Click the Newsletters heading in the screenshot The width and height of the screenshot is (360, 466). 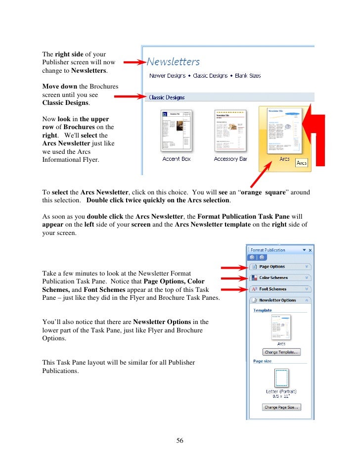click(x=174, y=62)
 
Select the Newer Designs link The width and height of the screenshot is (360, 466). click(x=167, y=76)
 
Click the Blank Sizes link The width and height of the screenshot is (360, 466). click(x=247, y=76)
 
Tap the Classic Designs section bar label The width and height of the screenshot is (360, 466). click(x=167, y=97)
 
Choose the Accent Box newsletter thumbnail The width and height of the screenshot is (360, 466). click(x=177, y=131)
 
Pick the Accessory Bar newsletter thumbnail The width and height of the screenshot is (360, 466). click(x=230, y=131)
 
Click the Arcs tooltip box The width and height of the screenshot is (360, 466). click(x=301, y=163)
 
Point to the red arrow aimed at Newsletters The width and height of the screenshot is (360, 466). click(x=134, y=62)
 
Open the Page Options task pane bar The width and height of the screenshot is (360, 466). click(x=280, y=267)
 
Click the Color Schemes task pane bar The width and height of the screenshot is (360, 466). click(x=280, y=278)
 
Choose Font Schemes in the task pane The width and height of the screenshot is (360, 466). click(x=280, y=289)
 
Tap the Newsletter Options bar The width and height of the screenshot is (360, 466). click(x=280, y=300)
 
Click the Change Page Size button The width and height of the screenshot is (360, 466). click(x=281, y=407)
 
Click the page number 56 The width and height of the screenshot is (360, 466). click(x=180, y=441)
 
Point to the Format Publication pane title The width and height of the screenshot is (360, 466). click(x=268, y=250)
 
